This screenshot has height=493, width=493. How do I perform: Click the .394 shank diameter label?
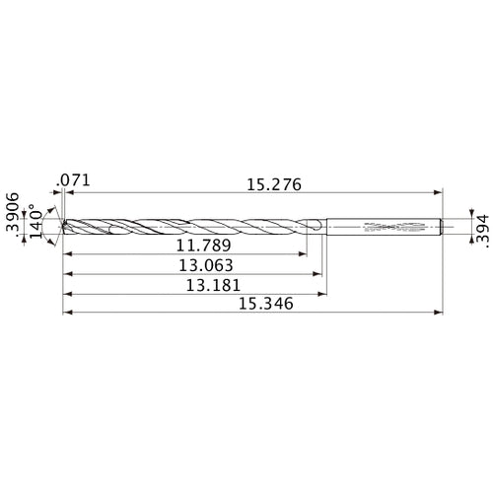tap(481, 226)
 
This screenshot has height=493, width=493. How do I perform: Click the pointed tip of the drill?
tap(62, 226)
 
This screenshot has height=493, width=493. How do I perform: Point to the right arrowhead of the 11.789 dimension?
tap(303, 254)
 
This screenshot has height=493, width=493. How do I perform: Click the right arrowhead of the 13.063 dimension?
tap(321, 274)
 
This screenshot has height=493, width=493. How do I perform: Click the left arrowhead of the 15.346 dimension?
tap(66, 314)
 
